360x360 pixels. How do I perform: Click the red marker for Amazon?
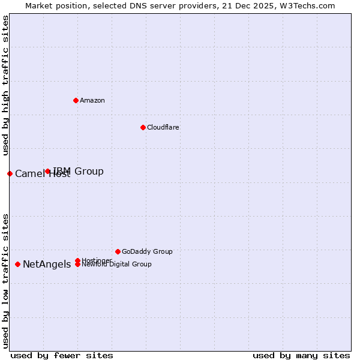tap(76, 100)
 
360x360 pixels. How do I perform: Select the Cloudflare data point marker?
tap(143, 127)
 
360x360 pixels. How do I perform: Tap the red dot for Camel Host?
tap(10, 173)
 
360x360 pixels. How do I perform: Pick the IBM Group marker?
tap(48, 172)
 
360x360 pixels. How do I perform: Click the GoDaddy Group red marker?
tap(118, 251)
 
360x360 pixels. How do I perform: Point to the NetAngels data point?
tap(18, 264)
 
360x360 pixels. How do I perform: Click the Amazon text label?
tap(92, 100)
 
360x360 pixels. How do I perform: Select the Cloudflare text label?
tap(163, 127)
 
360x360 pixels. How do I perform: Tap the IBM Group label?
tap(78, 172)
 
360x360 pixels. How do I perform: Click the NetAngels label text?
tap(47, 265)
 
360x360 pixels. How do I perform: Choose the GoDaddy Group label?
tap(147, 251)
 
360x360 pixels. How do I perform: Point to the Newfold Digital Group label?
tap(116, 265)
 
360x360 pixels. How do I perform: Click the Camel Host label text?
tap(42, 174)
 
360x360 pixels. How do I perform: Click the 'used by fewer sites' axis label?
tap(62, 355)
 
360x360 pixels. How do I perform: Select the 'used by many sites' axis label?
tap(301, 355)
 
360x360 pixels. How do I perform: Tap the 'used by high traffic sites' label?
tap(6, 85)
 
